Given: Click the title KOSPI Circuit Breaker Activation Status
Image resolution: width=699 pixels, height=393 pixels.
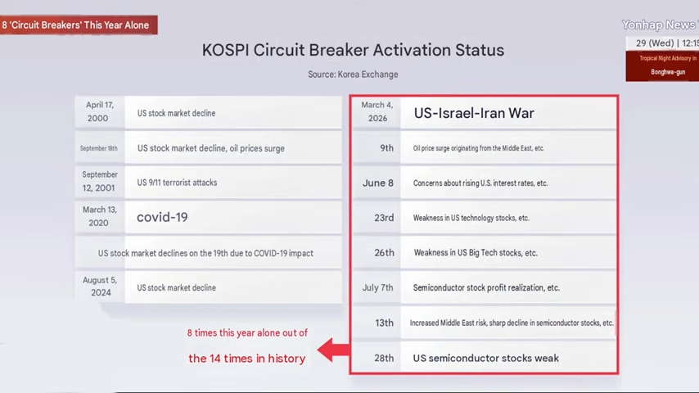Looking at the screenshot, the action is point(353,50).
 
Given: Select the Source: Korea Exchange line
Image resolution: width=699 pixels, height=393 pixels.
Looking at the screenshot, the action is point(353,75).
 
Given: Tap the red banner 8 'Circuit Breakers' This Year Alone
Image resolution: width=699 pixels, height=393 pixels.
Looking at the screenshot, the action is point(79,25).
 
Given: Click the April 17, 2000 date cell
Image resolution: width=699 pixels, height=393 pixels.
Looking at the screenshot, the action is point(99,111).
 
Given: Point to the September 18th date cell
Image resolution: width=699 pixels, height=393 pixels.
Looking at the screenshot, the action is point(99,148).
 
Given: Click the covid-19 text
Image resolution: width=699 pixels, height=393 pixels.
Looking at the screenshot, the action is point(162,217).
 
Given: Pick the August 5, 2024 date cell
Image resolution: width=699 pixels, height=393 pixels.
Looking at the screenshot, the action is point(100,287).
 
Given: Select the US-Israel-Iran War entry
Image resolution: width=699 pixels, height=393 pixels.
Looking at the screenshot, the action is point(474,113).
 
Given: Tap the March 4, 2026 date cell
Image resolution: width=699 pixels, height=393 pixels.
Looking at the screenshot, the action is point(377,111).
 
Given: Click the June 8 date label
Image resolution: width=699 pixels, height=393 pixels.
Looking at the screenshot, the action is point(378,183).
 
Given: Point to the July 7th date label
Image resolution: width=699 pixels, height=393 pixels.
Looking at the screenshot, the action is point(377,287).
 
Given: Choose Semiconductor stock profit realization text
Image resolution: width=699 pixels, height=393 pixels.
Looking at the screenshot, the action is point(486,287).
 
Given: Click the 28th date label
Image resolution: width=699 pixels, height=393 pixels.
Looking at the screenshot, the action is point(384,359).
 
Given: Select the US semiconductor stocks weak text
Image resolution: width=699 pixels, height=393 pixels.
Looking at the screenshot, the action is point(486,359).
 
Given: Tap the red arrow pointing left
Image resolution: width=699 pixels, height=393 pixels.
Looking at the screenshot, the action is point(333,350).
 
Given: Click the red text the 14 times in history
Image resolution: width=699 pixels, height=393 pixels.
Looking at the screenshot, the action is point(247,359).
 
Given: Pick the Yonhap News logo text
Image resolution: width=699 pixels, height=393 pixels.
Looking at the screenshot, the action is point(661,25).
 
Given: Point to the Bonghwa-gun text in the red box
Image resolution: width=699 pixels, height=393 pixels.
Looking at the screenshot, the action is point(668,72).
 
